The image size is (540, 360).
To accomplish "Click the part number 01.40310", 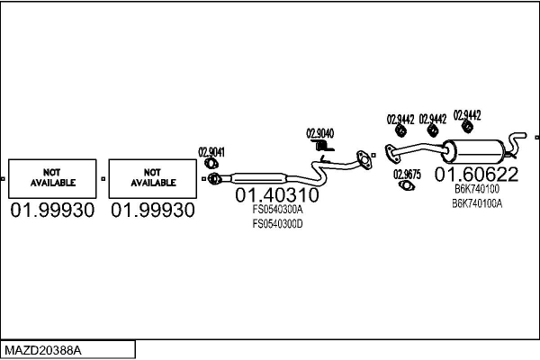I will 276,194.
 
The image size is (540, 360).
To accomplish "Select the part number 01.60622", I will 476,174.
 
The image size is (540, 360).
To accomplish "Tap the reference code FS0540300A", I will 276,210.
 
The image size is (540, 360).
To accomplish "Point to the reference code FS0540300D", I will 276,223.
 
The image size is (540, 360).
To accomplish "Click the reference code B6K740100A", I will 477,203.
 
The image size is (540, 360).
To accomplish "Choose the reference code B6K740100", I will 476,189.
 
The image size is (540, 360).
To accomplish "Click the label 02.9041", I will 211,151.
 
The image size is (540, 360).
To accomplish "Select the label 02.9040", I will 319,133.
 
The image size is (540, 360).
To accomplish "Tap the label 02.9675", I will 406,175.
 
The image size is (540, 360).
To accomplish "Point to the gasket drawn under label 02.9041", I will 211,163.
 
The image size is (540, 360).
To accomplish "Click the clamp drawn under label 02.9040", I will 319,146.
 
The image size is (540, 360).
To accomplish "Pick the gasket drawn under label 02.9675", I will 407,186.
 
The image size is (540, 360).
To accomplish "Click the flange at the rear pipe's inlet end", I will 390,154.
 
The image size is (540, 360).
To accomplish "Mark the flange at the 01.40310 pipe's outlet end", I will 363,159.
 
